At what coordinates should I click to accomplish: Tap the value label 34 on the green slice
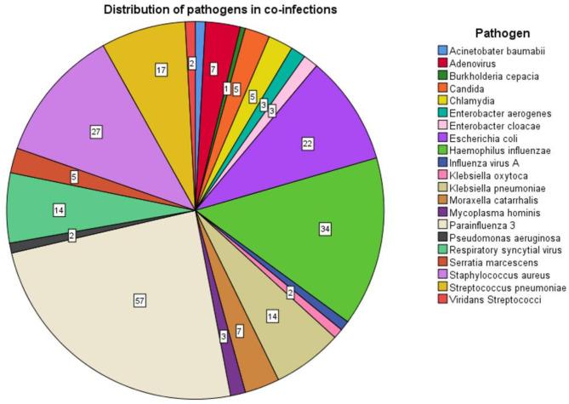pos(325,228)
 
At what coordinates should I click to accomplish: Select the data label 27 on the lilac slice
pos(96,133)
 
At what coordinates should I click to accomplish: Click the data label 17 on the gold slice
pos(161,70)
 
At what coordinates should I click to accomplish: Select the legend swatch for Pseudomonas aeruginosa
pos(442,239)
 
